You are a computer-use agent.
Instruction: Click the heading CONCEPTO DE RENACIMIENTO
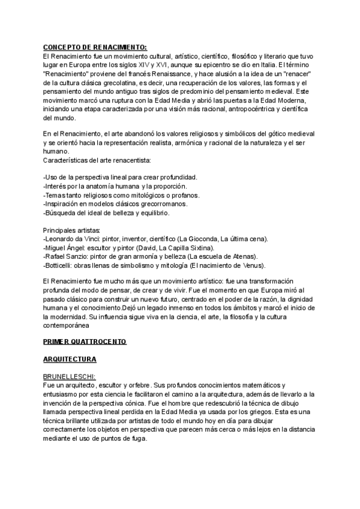pyautogui.click(x=95, y=47)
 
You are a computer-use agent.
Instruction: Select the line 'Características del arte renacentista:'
pyautogui.click(x=97, y=161)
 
